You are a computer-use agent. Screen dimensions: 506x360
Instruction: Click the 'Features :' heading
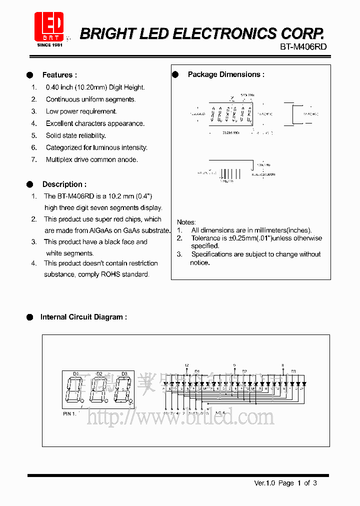(59, 75)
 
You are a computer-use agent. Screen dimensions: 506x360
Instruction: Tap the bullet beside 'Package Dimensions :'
(175, 74)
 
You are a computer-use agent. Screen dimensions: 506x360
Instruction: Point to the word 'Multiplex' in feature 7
(60, 159)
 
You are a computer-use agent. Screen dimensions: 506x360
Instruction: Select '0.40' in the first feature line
(52, 87)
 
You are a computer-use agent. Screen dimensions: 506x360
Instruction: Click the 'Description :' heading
(64, 184)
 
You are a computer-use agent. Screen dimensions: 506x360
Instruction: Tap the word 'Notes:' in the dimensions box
(186, 222)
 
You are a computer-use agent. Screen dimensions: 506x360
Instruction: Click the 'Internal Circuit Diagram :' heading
(83, 317)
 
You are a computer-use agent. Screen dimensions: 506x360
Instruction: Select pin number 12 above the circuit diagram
(186, 365)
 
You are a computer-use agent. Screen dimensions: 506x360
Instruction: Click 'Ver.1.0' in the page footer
(264, 483)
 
